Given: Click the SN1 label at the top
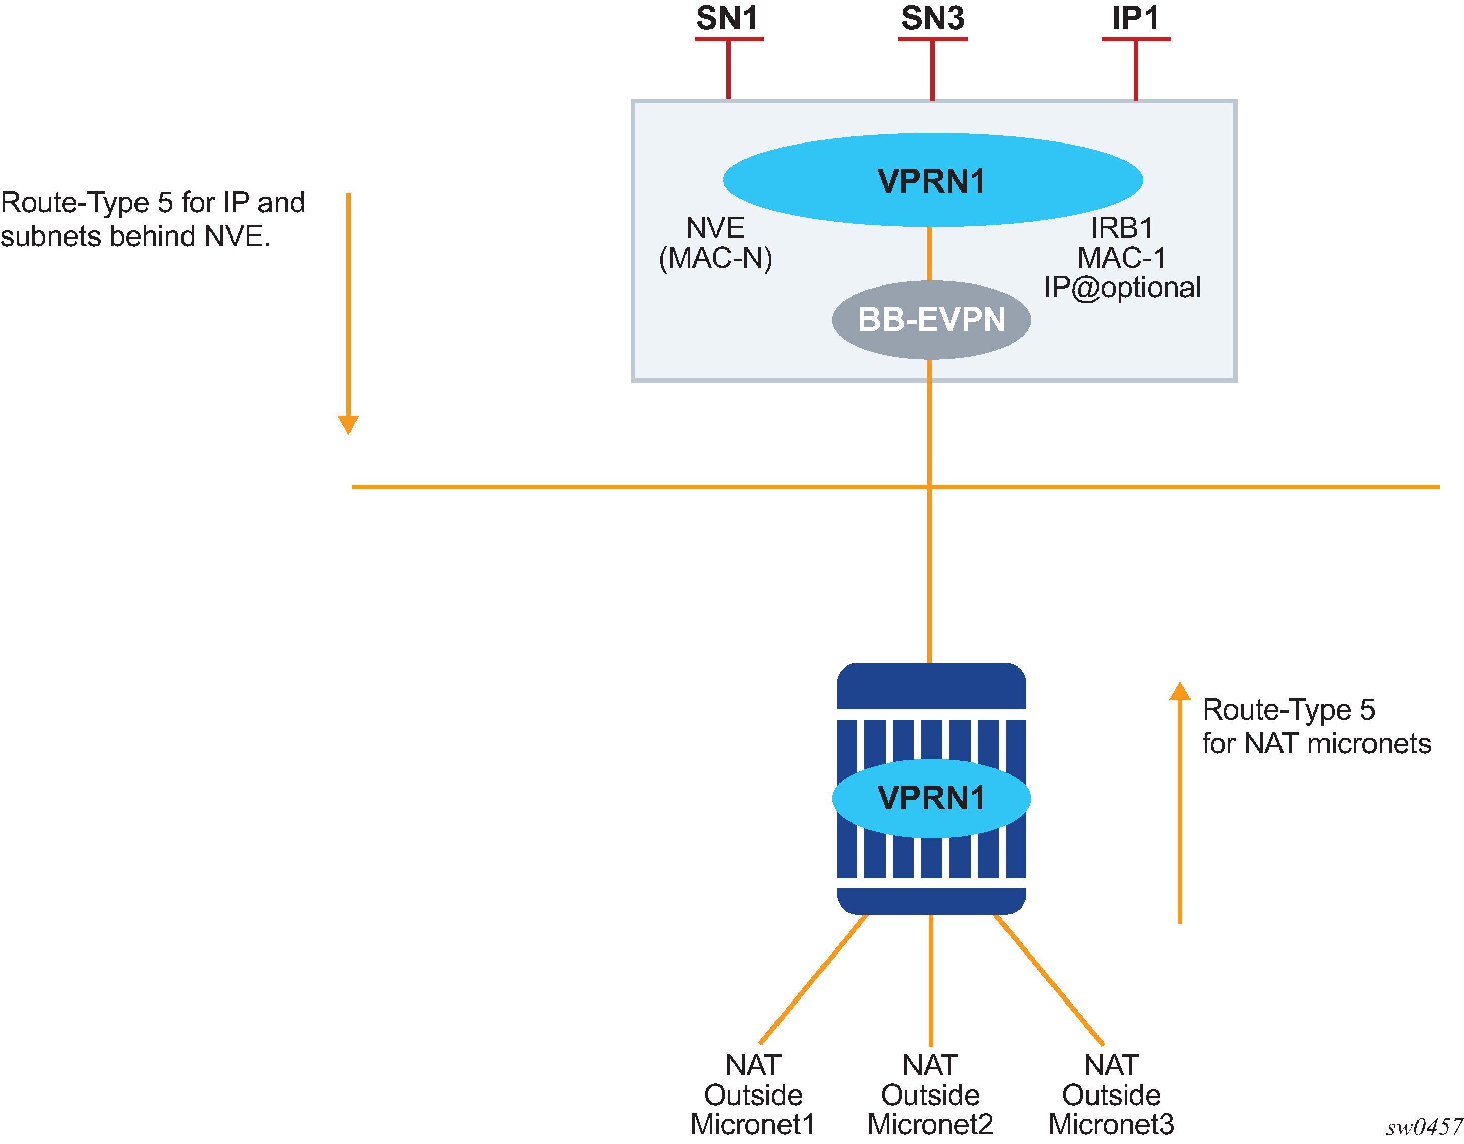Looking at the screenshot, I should tap(727, 18).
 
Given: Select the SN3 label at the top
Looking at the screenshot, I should tap(932, 18).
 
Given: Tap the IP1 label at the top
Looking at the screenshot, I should tap(1135, 18).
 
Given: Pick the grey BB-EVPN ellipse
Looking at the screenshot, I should tap(931, 320).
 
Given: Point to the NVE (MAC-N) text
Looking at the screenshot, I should tap(715, 243).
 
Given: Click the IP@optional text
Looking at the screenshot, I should tap(1121, 288).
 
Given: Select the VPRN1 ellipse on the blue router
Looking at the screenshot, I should tap(931, 798).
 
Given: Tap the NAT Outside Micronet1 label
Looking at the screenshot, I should tap(753, 1095).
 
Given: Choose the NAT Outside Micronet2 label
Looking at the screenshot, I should tap(930, 1095).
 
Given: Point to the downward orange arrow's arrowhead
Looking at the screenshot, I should tap(349, 425).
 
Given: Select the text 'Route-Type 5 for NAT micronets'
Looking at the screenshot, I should tap(1316, 727).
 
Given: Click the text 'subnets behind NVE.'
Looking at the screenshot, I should tap(135, 236).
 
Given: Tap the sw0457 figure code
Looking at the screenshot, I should tap(1424, 1127).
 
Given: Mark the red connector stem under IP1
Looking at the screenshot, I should tap(1135, 70).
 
